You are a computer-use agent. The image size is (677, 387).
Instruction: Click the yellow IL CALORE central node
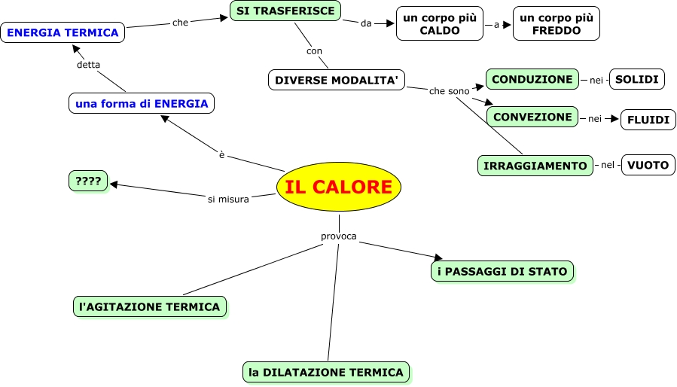point(339,187)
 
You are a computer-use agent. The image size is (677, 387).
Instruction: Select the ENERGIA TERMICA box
point(63,33)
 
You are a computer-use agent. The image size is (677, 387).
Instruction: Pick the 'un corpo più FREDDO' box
point(556,25)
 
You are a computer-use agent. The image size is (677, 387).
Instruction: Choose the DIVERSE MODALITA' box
point(337,80)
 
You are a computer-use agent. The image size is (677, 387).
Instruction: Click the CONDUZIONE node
point(532,79)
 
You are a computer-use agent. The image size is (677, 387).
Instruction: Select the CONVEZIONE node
point(532,117)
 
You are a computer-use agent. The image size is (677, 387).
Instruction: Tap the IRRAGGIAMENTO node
point(535,166)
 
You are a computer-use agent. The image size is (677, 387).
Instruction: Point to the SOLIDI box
point(637,79)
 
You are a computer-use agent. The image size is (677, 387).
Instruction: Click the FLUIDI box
point(648,120)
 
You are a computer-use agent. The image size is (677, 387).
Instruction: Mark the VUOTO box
point(648,166)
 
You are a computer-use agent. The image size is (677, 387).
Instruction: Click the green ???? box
point(88,181)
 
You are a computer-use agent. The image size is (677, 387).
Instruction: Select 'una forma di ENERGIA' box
point(142,103)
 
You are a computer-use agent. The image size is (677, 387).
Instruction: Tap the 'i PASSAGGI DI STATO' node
point(503,271)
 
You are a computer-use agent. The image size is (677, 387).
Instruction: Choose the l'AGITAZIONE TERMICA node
point(150,306)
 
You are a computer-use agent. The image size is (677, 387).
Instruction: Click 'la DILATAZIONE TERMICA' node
point(328,372)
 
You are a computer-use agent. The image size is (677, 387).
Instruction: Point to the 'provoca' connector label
point(339,236)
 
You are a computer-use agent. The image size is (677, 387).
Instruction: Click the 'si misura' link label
point(228,200)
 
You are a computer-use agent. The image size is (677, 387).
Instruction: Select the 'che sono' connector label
point(449,91)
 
